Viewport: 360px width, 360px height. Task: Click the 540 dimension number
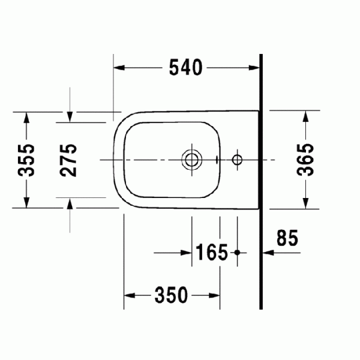[185, 68]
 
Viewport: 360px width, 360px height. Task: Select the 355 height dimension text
[26, 160]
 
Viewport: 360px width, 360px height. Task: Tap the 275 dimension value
[70, 160]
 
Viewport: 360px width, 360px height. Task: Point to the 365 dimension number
[306, 160]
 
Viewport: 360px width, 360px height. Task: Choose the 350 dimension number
[170, 295]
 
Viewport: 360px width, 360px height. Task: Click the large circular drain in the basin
[192, 160]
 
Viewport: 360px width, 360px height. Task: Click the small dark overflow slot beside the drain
[217, 160]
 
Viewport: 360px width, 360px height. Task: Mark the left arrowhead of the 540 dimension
[119, 68]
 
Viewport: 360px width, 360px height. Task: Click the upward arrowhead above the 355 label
[26, 118]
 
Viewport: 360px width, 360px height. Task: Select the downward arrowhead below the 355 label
[26, 202]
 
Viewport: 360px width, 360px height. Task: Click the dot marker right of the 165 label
[237, 253]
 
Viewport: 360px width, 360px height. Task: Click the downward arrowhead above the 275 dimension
[70, 116]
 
